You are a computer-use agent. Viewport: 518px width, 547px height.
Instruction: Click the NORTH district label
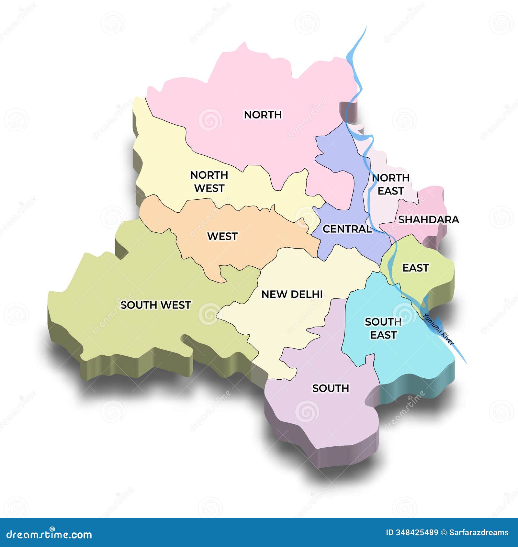[263, 115]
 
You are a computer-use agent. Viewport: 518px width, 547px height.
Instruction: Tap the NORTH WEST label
[209, 182]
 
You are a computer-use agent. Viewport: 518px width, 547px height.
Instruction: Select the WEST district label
[222, 236]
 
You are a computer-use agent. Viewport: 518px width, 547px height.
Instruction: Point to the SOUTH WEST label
[155, 305]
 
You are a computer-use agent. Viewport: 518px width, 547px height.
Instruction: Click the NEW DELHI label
[292, 294]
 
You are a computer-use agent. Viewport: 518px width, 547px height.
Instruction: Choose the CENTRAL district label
[347, 229]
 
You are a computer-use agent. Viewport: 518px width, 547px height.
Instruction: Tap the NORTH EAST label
[390, 184]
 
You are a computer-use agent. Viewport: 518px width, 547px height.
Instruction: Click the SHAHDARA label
[428, 220]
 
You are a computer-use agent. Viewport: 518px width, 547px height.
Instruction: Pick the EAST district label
[415, 268]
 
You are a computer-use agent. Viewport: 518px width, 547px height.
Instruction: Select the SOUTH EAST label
[383, 328]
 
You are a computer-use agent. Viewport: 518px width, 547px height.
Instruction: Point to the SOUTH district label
[331, 388]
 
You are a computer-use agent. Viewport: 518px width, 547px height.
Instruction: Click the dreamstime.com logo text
[49, 534]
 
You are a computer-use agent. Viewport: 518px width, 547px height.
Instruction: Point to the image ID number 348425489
[417, 532]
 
